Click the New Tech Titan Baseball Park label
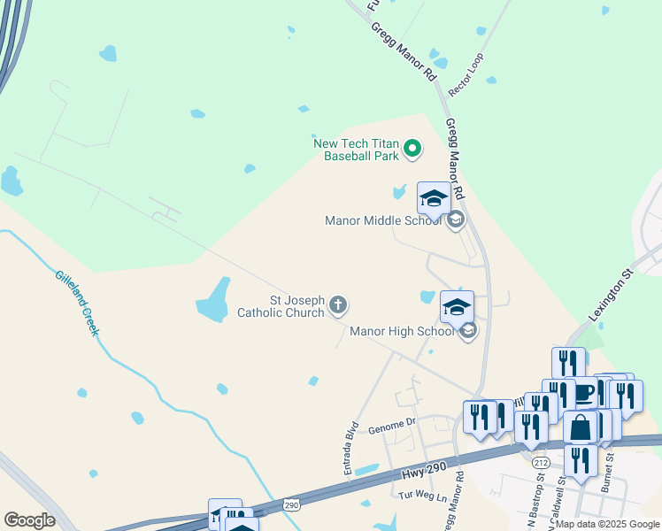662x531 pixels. tap(356, 149)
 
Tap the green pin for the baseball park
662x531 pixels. tap(412, 149)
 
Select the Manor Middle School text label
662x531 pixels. tap(382, 221)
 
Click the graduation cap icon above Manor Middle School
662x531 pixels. tap(434, 199)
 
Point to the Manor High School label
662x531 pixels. tap(402, 332)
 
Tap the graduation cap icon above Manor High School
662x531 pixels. tap(457, 308)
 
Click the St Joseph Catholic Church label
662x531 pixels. tap(281, 306)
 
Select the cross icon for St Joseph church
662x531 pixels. tap(337, 306)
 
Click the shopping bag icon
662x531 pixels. tap(581, 428)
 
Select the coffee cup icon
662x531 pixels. tap(584, 392)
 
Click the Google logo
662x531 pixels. tap(29, 520)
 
